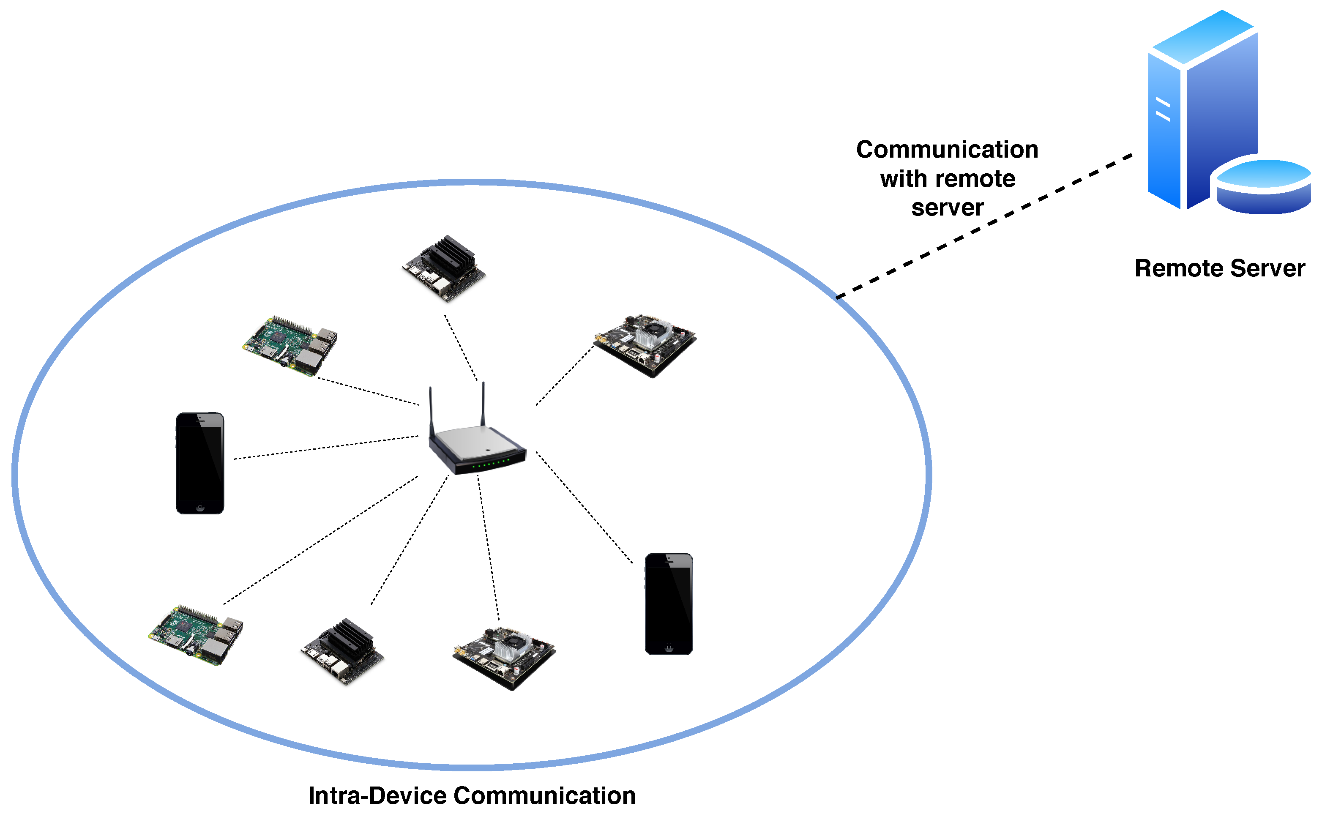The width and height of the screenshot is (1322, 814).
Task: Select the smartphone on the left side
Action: point(200,463)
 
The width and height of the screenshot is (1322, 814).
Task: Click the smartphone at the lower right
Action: point(669,604)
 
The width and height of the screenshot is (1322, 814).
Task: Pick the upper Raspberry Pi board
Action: point(290,346)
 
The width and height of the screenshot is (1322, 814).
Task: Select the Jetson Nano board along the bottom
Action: point(342,651)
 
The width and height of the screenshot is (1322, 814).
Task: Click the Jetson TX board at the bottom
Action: point(504,658)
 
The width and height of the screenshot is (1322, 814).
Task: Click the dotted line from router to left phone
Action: point(326,448)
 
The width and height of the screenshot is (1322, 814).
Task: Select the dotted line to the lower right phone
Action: point(584,508)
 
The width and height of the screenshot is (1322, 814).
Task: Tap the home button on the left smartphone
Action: point(200,508)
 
